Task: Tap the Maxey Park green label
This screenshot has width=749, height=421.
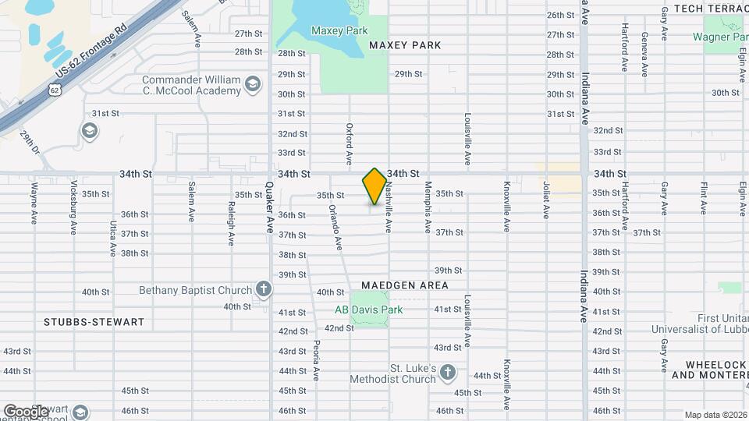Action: [339, 31]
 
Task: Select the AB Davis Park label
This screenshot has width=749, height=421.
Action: [368, 310]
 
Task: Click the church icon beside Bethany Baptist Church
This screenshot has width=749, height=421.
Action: [264, 290]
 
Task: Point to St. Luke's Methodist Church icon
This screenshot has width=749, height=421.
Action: [448, 373]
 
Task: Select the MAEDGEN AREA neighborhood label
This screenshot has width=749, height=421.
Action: [405, 285]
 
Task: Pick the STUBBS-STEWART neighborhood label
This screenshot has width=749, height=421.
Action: [94, 322]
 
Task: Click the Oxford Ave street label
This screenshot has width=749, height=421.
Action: [350, 143]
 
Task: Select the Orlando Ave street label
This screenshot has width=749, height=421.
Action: [335, 227]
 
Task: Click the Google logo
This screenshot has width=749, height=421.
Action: [26, 411]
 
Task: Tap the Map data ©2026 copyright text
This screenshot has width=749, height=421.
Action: [715, 415]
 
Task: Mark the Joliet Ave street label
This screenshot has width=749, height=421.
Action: [546, 200]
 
